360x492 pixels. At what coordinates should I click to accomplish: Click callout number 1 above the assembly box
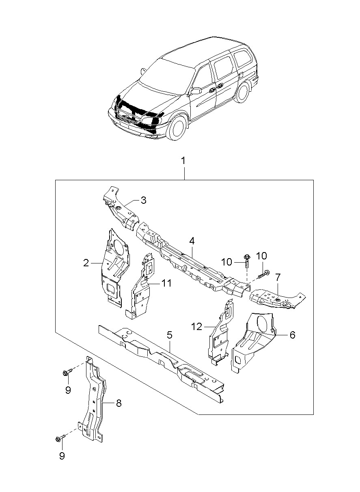pos(183,161)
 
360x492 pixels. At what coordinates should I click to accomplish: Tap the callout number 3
pos(143,200)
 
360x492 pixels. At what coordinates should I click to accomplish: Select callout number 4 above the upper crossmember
pos(192,241)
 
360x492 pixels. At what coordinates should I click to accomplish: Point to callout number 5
pos(170,335)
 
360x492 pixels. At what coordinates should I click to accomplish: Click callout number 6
pos(292,335)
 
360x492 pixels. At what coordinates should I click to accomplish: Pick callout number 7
pos(278,277)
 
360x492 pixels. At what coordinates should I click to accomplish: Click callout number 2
pos(86,263)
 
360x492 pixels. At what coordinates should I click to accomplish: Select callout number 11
pos(166,283)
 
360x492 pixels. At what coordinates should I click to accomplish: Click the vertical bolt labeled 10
pos(246,261)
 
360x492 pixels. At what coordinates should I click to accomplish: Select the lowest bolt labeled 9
pos(60,440)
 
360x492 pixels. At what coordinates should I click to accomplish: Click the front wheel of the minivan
pos(177,128)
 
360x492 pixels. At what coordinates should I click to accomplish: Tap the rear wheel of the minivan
pos(242,92)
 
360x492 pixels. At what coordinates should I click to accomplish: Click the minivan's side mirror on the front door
pos(196,91)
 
